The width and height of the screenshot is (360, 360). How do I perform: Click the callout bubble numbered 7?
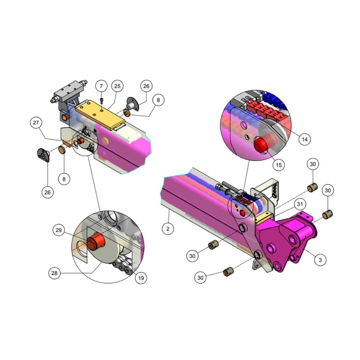101,86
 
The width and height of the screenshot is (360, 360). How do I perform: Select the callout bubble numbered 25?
117,86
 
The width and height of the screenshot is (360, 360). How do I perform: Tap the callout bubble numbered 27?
36,122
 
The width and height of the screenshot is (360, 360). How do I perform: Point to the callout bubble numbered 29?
59,230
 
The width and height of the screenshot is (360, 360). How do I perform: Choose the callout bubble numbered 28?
54,273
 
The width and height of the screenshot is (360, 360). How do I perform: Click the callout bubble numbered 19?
141,278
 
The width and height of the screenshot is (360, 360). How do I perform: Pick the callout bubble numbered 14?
304,139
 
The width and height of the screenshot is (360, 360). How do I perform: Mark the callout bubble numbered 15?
278,165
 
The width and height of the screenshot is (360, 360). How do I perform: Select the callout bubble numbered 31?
300,204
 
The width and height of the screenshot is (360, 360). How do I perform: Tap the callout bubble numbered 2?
168,228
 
